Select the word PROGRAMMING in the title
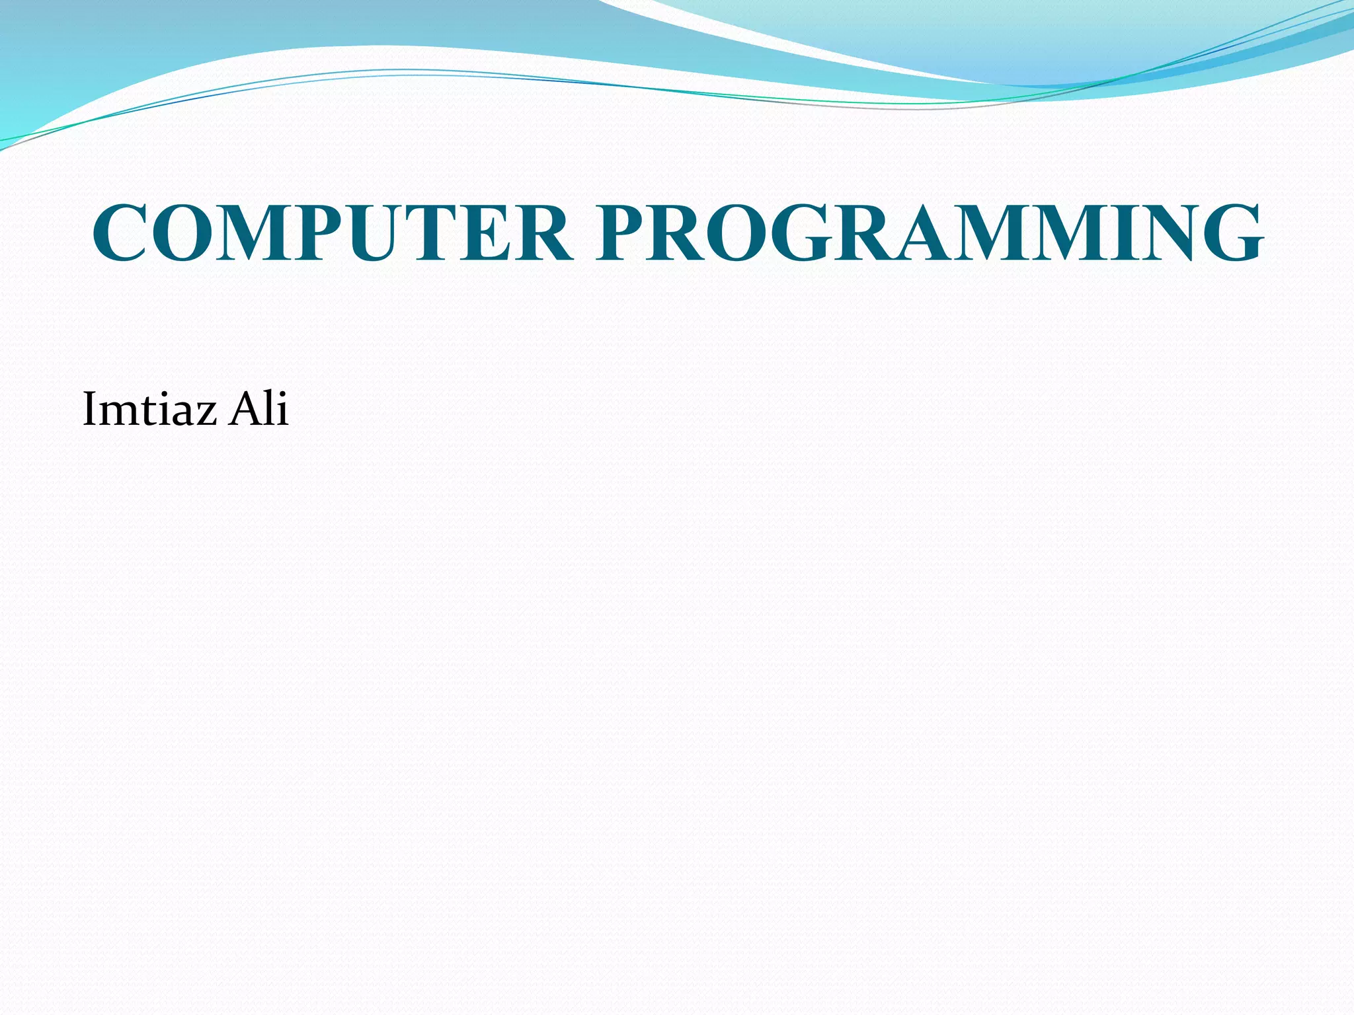(929, 233)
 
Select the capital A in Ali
(244, 409)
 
